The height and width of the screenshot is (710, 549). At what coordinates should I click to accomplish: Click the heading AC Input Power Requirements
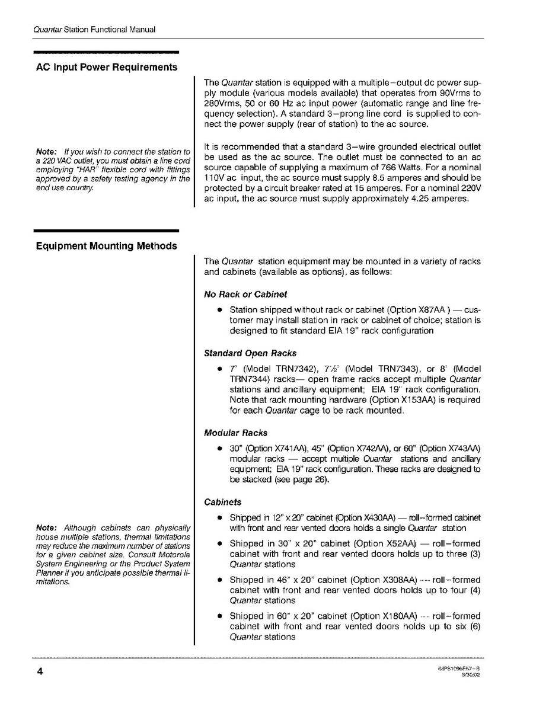(x=107, y=67)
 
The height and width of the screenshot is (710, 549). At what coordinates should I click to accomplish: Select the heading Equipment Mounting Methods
(x=107, y=246)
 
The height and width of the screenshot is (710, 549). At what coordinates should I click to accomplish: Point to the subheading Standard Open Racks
(x=250, y=353)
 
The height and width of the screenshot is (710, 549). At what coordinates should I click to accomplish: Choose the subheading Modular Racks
(x=235, y=433)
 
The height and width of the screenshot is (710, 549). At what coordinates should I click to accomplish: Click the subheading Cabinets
(x=222, y=502)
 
